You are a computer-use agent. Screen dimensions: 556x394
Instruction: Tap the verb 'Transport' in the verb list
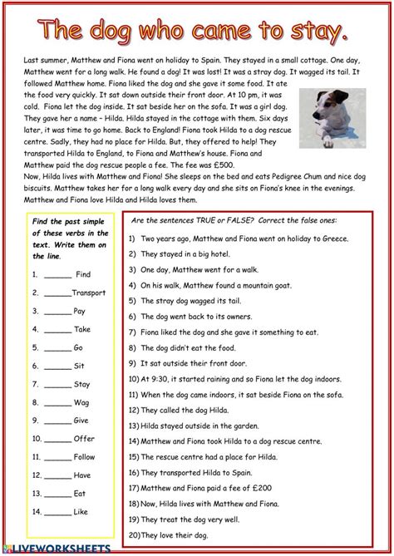(88, 293)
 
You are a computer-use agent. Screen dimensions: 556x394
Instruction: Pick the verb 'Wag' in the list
(82, 402)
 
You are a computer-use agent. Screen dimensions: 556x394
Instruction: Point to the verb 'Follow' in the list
(85, 457)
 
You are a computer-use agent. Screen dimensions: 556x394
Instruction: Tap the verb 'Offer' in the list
(85, 439)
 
